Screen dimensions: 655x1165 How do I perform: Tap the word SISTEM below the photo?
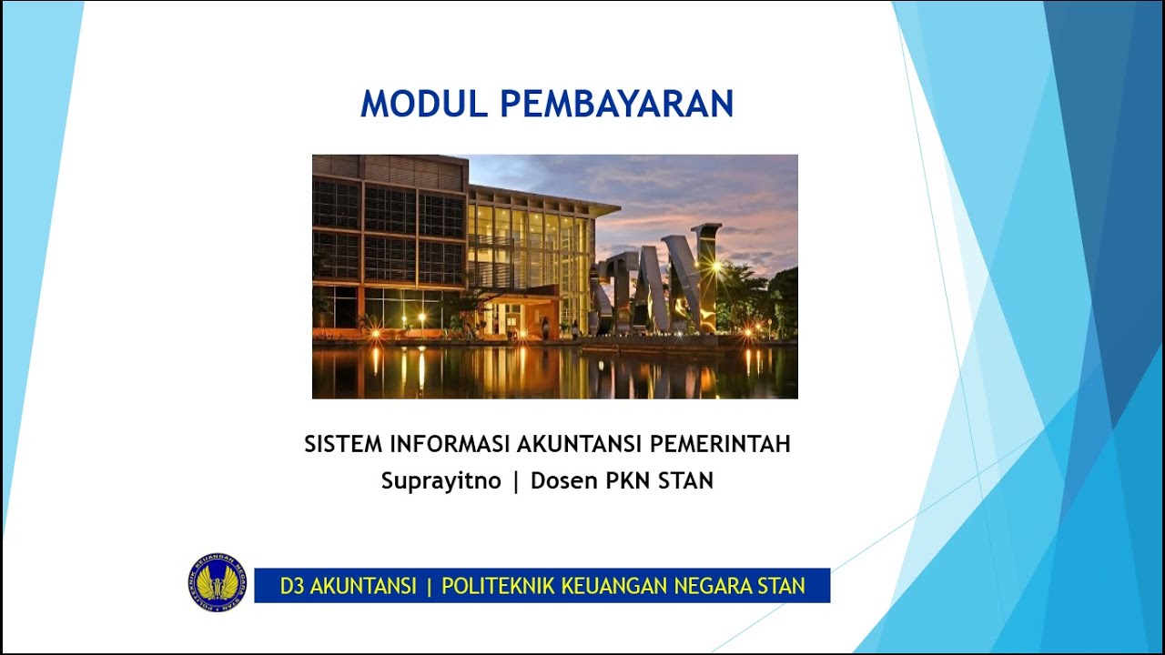click(343, 444)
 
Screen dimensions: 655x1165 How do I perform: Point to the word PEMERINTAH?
click(720, 444)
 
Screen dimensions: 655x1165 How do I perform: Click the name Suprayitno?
click(441, 481)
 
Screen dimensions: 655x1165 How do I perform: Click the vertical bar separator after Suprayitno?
click(516, 481)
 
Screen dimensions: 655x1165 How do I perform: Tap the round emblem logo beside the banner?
click(217, 582)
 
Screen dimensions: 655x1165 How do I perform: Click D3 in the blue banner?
click(291, 586)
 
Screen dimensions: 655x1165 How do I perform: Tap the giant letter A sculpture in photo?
click(678, 282)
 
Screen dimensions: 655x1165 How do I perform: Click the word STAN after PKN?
click(685, 481)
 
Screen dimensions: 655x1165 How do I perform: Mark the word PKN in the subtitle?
click(629, 481)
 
